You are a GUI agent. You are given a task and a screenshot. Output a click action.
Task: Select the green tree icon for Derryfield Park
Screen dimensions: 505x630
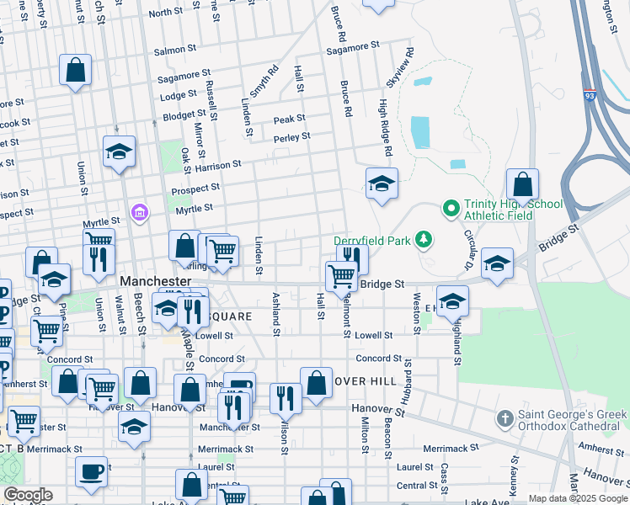424,241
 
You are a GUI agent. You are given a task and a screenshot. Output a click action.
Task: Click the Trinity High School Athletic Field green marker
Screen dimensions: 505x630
451,207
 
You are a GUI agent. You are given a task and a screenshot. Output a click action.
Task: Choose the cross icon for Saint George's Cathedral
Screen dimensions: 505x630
505,418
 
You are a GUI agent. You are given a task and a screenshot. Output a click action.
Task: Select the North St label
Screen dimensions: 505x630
165,13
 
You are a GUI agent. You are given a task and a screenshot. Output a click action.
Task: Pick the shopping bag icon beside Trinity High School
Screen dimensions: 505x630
522,184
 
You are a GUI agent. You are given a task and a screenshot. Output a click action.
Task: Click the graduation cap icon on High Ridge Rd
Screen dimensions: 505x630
382,183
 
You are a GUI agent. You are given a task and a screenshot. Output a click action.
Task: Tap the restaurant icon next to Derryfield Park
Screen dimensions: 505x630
352,258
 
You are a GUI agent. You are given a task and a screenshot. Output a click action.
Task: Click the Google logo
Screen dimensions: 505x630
28,496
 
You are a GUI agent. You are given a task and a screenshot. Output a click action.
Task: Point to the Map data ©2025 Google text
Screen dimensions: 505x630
577,498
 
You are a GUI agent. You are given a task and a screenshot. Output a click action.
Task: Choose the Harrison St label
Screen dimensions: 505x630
218,167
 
